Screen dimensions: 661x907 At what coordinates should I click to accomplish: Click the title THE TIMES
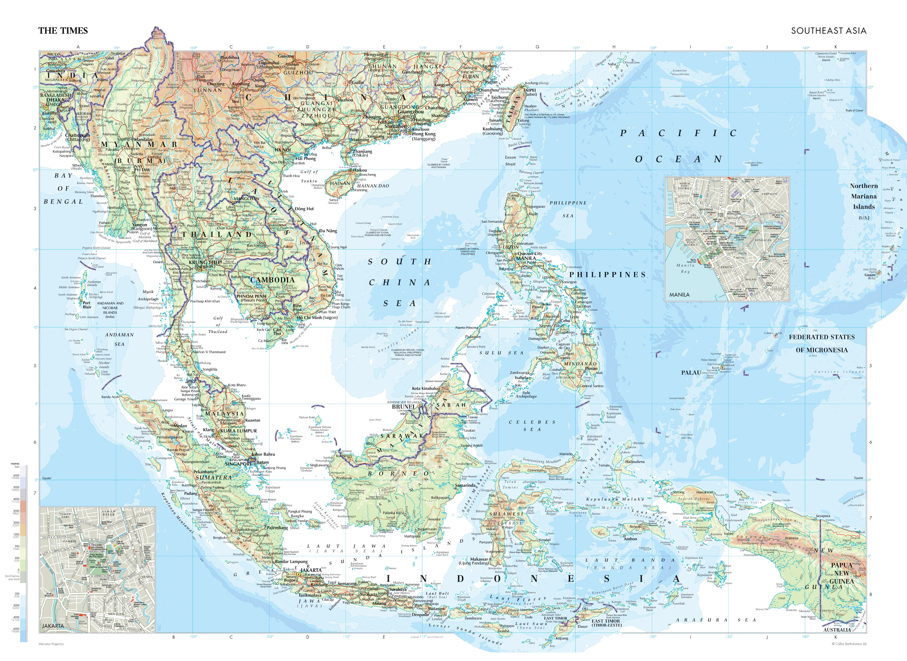(63, 31)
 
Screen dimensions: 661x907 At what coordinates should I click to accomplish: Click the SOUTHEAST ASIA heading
(828, 31)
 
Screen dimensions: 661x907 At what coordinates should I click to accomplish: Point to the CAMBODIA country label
(272, 280)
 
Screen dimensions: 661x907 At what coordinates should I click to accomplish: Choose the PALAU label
(691, 372)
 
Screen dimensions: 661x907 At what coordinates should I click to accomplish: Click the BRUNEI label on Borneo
(403, 406)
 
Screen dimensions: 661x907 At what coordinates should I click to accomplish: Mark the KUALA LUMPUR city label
(239, 431)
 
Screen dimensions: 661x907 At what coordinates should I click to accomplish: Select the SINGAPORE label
(239, 464)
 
